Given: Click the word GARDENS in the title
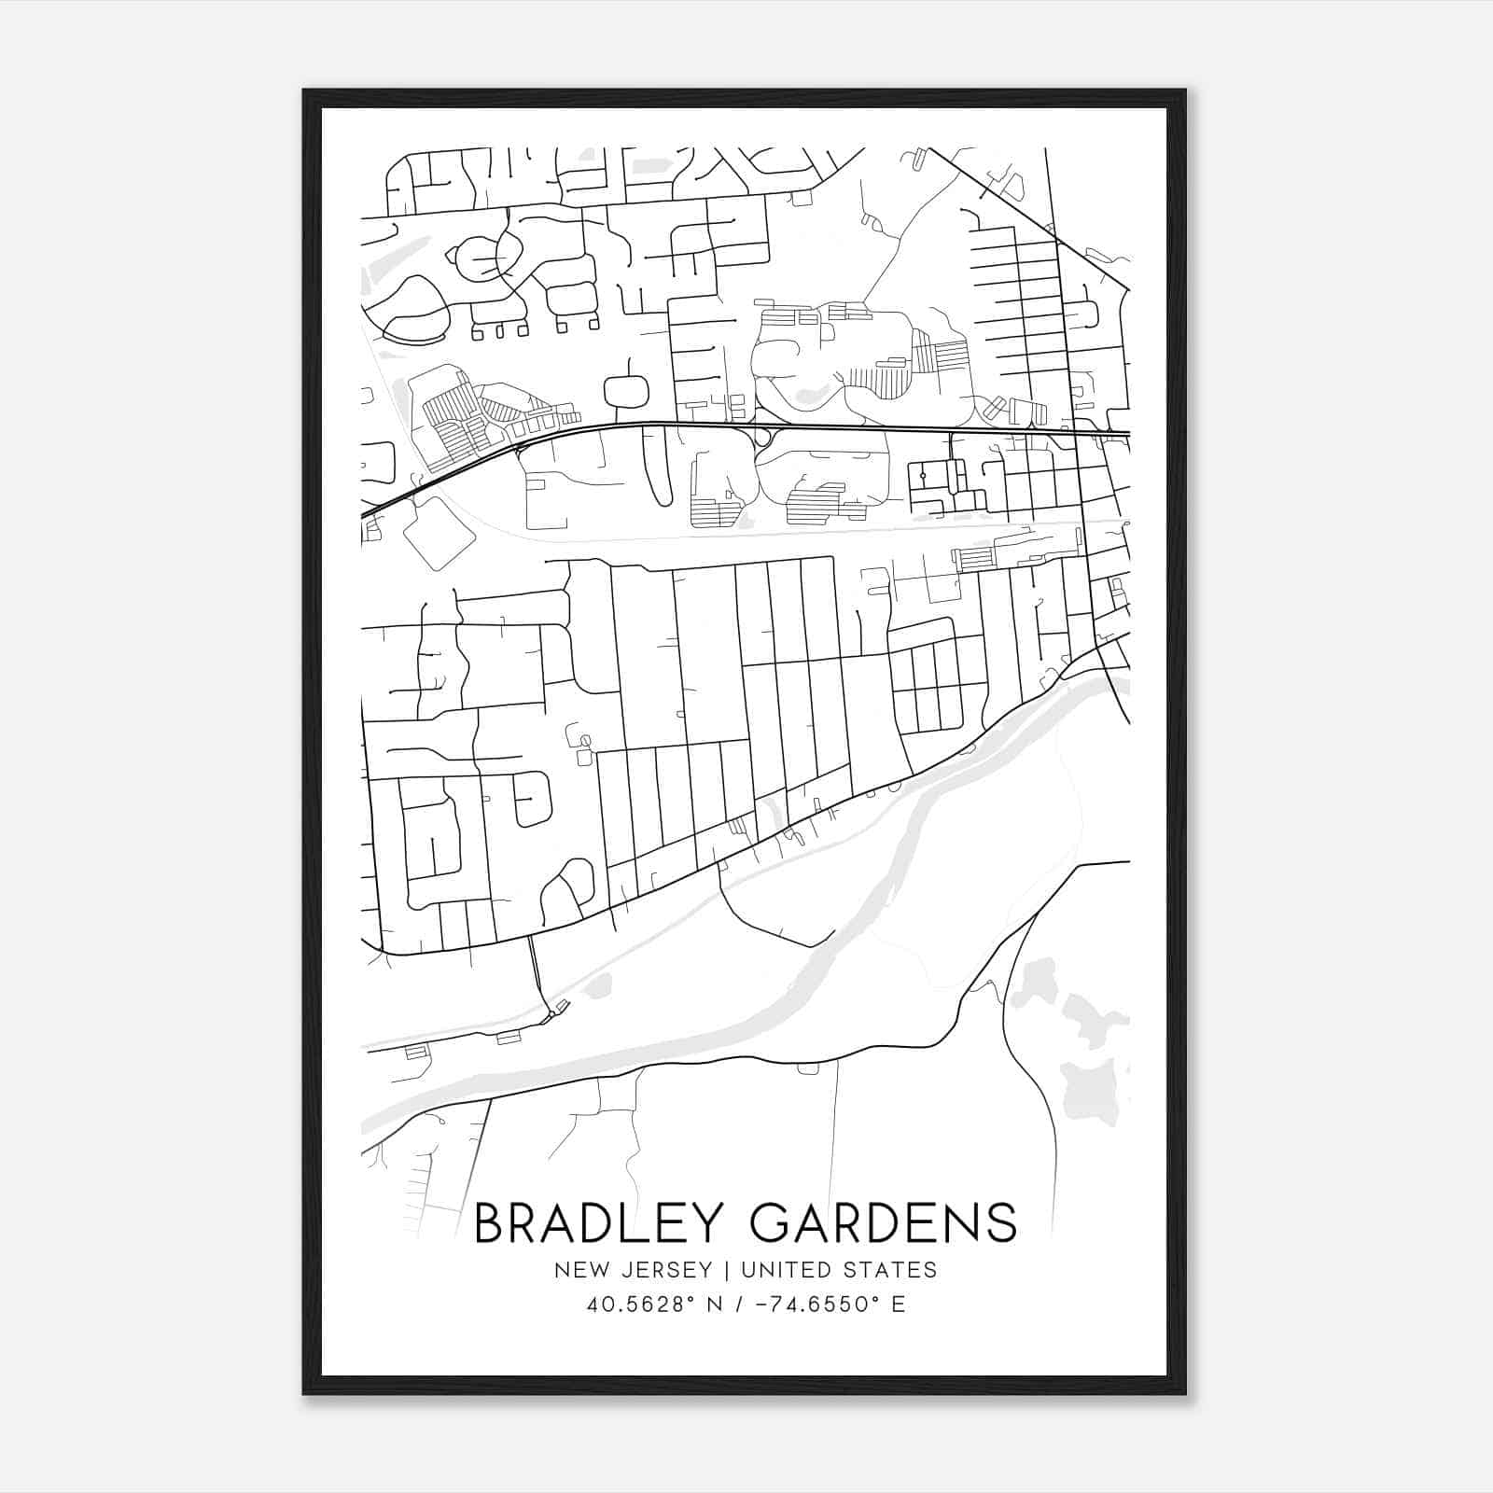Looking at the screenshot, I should (x=884, y=1222).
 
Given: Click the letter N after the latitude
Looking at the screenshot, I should (x=717, y=1304).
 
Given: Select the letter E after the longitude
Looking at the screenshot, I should (x=899, y=1304).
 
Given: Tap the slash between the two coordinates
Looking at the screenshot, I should (x=739, y=1304).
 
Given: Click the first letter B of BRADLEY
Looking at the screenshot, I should (x=491, y=1222).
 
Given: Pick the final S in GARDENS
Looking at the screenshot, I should (x=1001, y=1222).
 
